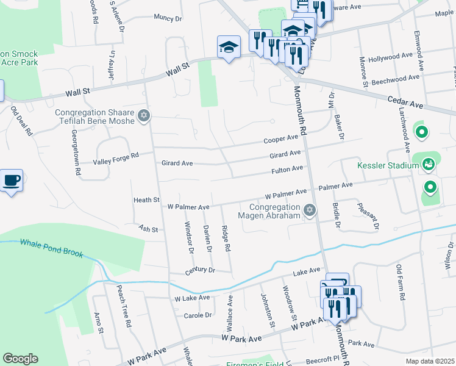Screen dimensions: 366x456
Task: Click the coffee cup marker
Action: (11, 181)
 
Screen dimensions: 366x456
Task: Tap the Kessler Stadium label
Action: (383, 165)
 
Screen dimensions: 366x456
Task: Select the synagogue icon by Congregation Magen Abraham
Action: (310, 210)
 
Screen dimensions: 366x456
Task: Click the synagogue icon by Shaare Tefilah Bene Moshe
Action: (144, 115)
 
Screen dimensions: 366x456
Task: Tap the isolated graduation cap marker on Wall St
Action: (229, 47)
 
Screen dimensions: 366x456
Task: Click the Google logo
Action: (20, 359)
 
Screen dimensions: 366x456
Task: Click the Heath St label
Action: (146, 200)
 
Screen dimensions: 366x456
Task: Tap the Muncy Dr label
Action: (168, 18)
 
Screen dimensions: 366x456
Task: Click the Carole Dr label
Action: (198, 315)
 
